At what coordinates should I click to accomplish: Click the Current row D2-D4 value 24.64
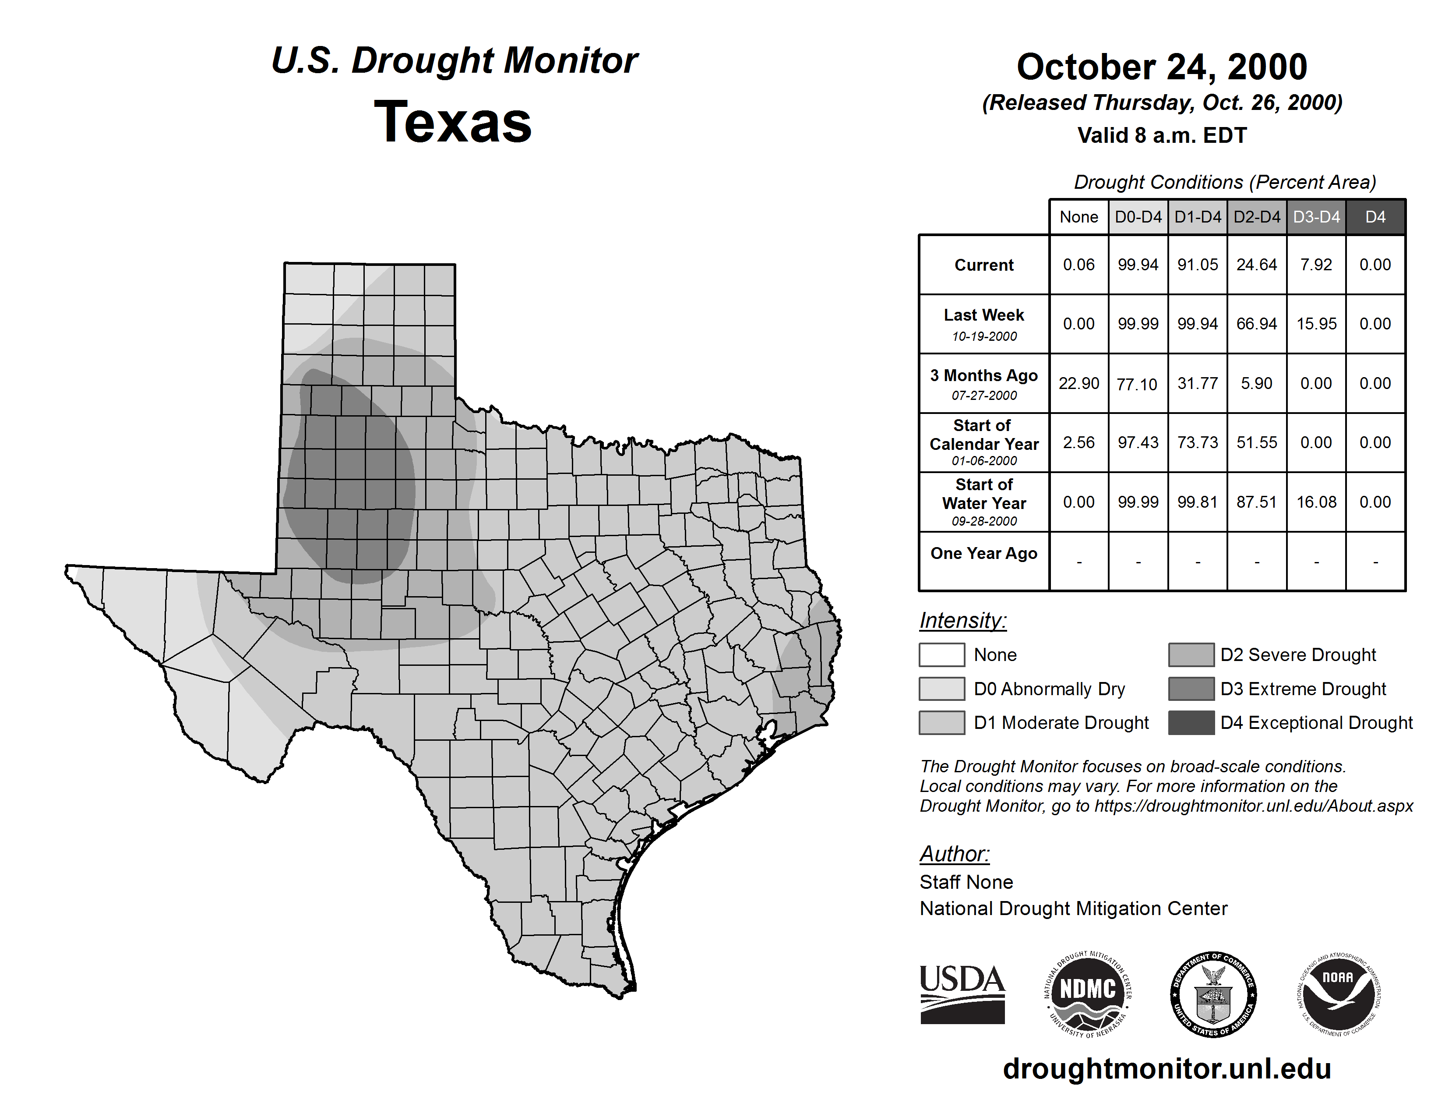1256,265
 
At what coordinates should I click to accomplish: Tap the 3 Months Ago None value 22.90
1078,383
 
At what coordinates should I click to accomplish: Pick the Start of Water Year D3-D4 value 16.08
1316,502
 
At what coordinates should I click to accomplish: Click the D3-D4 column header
1316,217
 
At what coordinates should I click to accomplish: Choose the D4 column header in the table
1375,217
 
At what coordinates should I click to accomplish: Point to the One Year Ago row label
984,553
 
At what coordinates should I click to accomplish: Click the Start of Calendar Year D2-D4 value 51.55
1256,443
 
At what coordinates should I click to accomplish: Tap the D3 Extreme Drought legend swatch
1191,689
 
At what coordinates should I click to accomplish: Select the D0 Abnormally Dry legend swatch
941,689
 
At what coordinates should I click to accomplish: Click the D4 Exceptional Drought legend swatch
1191,723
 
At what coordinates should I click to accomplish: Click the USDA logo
962,994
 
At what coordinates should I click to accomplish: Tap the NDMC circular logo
1088,994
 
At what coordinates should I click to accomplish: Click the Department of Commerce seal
1213,994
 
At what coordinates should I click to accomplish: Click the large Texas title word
453,122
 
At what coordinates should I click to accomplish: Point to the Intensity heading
962,621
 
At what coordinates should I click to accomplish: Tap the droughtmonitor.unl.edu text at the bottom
1167,1069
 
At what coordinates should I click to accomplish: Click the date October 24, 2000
1162,67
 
